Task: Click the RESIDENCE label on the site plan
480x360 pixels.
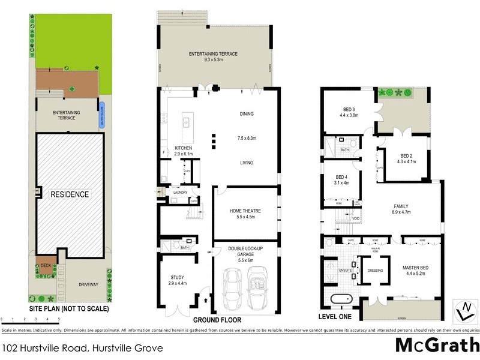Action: [x=69, y=194]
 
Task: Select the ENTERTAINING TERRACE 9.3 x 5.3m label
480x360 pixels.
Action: [x=213, y=57]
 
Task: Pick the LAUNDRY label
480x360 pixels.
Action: [x=180, y=193]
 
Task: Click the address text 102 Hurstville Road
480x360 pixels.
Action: [x=82, y=347]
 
